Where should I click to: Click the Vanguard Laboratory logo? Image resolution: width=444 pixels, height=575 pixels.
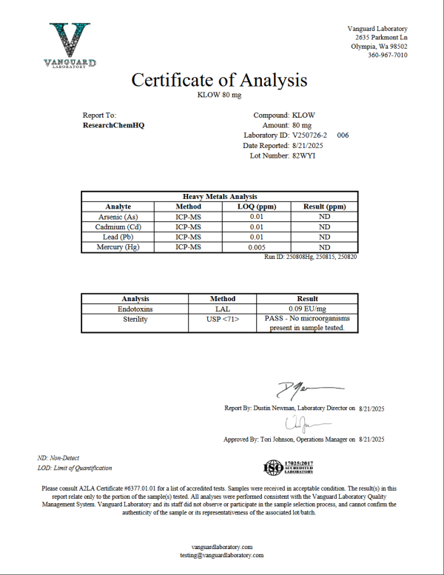(x=70, y=46)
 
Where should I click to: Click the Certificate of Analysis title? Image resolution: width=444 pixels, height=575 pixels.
(x=219, y=80)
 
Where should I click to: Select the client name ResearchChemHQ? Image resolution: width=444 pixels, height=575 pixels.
(x=114, y=126)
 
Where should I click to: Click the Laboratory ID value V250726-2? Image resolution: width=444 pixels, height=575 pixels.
(x=313, y=136)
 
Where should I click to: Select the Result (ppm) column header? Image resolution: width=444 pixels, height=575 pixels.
(x=324, y=206)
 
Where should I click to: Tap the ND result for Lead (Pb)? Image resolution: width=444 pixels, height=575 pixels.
(x=324, y=237)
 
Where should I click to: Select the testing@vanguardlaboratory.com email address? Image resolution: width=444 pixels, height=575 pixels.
(x=221, y=555)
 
